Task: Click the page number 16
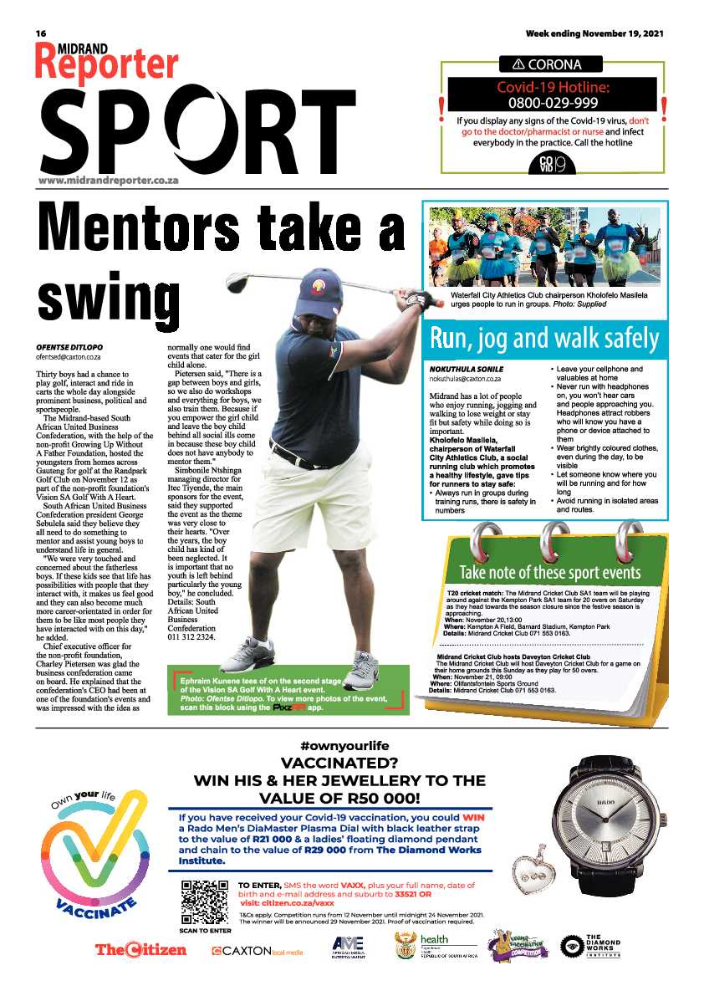pos(40,33)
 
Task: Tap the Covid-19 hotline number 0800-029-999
pos(553,103)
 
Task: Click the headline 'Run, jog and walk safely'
pos(544,340)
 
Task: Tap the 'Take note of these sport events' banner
pos(549,572)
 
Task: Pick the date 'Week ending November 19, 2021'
pos(594,33)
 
